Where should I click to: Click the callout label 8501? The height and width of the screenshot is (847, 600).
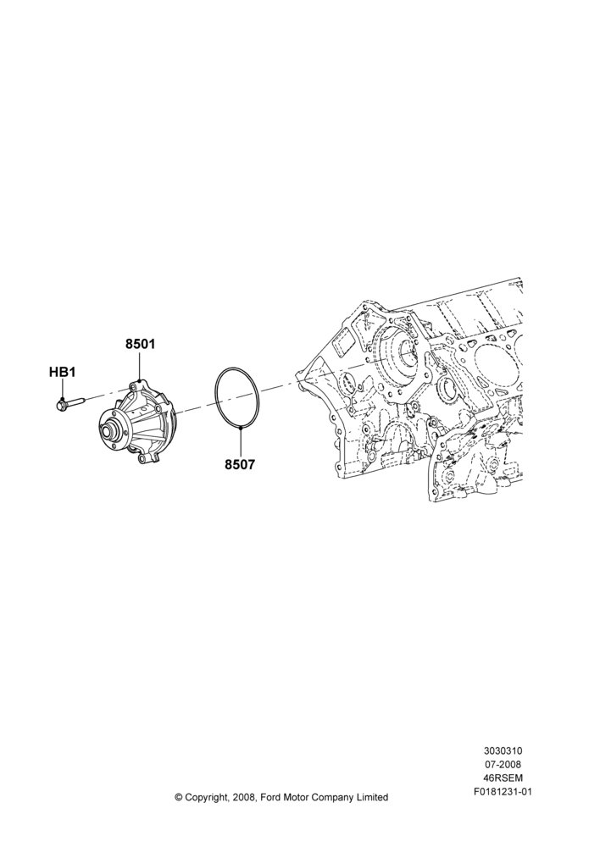point(141,344)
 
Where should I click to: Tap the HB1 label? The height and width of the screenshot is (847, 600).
point(62,372)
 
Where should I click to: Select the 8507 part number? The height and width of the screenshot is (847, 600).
point(240,464)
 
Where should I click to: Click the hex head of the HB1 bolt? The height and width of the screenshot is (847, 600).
point(61,403)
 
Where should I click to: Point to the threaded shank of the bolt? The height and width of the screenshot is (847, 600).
point(76,401)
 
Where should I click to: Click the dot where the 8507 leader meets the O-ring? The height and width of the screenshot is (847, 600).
point(240,428)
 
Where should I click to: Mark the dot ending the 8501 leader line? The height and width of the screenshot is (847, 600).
point(140,381)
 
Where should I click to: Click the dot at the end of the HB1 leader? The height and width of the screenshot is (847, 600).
point(62,399)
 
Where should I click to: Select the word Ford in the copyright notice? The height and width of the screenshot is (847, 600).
point(270,797)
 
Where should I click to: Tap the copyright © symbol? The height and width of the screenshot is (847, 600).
point(178,797)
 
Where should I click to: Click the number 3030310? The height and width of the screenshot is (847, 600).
point(503,750)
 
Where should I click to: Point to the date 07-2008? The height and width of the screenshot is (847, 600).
point(503,764)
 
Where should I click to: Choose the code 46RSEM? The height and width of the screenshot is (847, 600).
point(503,778)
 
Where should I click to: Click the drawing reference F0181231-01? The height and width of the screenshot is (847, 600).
point(503,792)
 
